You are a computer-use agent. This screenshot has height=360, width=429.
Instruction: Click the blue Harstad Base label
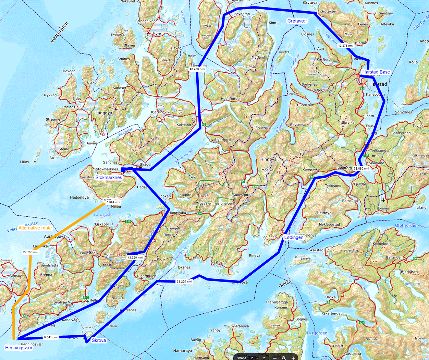coord(376,72)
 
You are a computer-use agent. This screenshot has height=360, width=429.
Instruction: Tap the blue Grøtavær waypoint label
coord(297,21)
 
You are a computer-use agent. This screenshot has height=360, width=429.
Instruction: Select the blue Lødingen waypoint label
coord(294,237)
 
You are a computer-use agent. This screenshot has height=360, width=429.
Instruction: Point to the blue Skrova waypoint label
coord(99,340)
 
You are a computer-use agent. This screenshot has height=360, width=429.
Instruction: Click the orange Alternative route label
coord(35,228)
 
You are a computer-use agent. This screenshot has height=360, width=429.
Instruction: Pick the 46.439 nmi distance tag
coord(197,69)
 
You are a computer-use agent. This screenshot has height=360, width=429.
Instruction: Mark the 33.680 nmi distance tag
coord(361,169)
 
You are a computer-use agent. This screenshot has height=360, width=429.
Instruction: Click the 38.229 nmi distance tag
coord(184,281)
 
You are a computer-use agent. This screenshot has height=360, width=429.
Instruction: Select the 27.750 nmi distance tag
coord(30,252)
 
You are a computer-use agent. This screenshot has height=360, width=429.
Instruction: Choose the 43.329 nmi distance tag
coord(135,257)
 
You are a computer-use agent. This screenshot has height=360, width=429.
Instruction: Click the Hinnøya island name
coord(268,159)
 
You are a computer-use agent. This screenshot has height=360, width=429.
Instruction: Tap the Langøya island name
coord(104,113)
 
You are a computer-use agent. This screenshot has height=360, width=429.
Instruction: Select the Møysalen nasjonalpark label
coord(216,203)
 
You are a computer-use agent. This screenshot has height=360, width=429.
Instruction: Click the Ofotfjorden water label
coord(406,226)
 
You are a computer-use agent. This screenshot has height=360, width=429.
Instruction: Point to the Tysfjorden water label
coord(317,333)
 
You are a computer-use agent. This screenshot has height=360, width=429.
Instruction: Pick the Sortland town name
coord(184,125)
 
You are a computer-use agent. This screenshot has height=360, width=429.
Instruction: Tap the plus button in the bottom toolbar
coord(293,358)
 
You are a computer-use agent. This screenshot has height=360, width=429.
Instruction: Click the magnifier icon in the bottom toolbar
coord(284,358)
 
